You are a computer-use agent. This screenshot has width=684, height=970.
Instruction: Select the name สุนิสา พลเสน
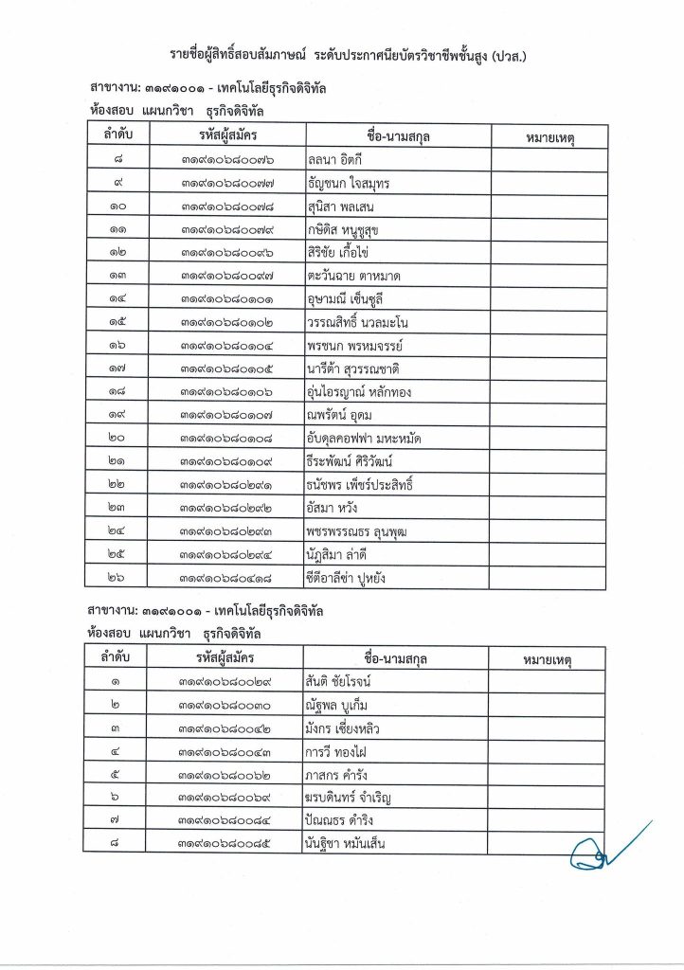pos(347,206)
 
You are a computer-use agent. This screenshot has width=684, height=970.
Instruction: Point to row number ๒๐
pos(117,438)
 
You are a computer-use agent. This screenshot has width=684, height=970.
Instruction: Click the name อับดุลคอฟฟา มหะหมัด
pos(363,438)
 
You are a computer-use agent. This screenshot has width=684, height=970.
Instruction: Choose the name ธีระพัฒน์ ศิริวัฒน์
pos(349,461)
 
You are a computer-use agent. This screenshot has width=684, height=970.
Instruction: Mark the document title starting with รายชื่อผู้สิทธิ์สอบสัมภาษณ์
pos(342,57)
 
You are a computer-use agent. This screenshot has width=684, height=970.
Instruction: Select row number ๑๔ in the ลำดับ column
pos(117,298)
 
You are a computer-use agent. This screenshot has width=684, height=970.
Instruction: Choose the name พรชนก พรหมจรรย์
pos(352,345)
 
